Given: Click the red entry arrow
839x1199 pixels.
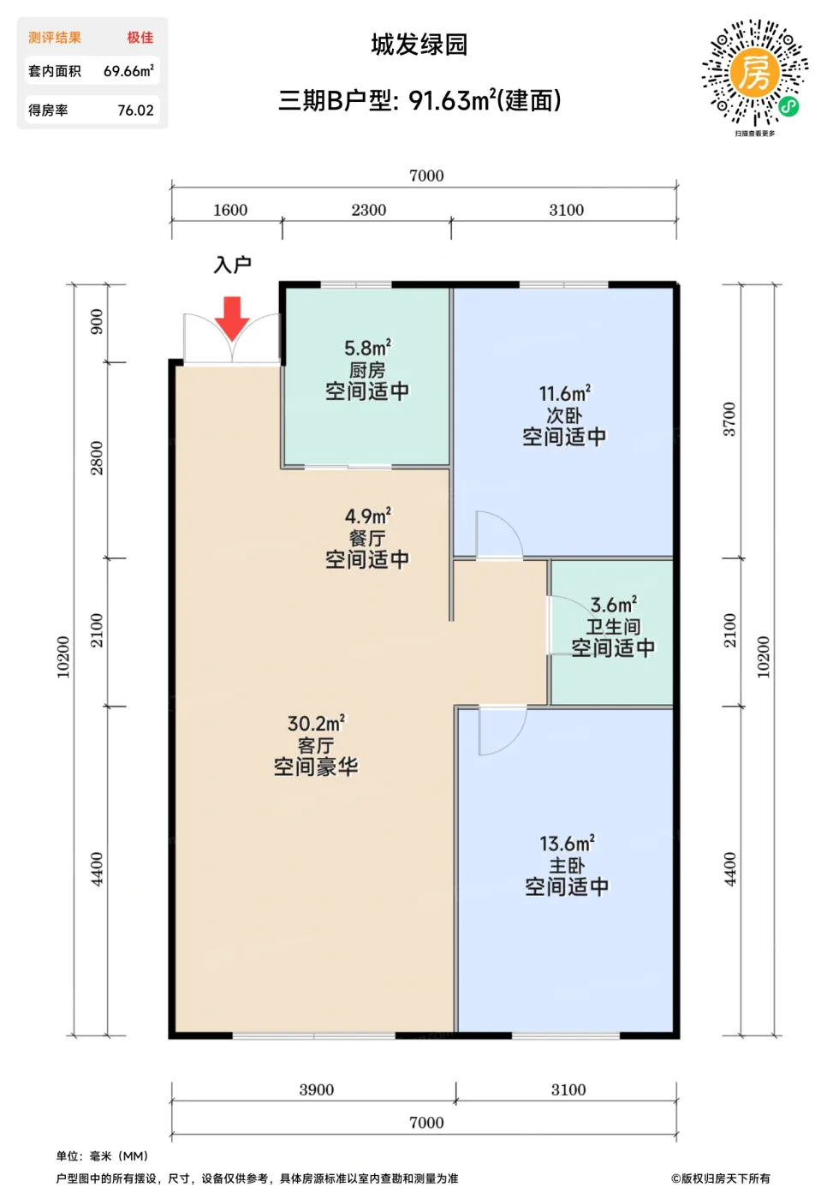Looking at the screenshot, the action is pos(232,319).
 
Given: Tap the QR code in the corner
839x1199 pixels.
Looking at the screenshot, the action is pos(755,74).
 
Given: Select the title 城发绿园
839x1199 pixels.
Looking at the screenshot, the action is pos(419,45).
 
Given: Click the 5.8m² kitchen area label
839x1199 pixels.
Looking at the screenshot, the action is pos(367,348).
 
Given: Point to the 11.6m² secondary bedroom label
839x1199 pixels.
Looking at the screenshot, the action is pos(564,393).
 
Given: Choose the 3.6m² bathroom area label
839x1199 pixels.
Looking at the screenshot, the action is pos(613,605).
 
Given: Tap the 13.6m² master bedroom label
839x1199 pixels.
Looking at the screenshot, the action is pos(567,844).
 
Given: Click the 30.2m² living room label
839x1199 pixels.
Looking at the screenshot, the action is pos(316,723).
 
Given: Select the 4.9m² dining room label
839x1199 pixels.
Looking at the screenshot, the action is pos(367,516).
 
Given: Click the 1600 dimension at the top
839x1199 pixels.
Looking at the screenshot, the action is pos(230,210).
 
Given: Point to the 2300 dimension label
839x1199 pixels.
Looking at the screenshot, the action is pos(369,210).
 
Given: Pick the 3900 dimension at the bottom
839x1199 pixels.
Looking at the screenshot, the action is pos(316,1089).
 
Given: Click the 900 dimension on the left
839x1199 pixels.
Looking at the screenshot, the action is pos(96,322).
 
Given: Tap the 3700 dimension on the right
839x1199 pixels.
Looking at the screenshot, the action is pos(729,419).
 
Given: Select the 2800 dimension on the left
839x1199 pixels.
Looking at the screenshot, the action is pos(96,457).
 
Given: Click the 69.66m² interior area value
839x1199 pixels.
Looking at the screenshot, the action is pos(128,70).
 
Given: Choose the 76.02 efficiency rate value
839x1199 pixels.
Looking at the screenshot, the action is pos(135,110).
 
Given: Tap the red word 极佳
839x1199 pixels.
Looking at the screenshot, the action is pos(140,38).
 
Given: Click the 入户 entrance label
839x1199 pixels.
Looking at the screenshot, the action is pos(232,265).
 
